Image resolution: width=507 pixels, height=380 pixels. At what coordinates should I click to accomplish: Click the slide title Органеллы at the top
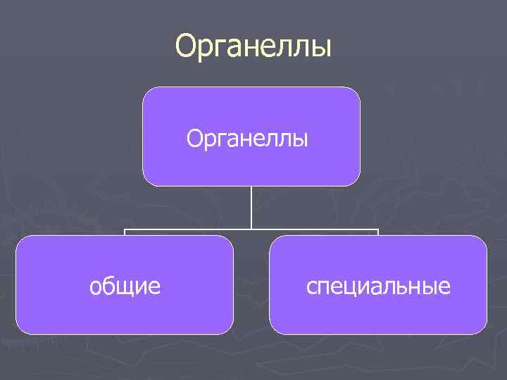pos(254,46)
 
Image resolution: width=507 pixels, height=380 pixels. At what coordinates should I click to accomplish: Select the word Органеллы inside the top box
pos(248,139)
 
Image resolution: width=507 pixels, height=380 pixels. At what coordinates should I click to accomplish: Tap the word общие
pos(125,286)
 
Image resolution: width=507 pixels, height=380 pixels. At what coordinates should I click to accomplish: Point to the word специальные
pos(378,286)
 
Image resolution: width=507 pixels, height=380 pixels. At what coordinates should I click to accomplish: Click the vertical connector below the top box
pos(251,208)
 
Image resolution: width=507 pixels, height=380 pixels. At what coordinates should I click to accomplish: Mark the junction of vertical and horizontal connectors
pos(251,229)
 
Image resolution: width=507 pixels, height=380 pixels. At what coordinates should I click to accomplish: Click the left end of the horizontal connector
pos(125,230)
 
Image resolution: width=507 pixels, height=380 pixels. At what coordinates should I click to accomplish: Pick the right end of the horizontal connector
pos(378,230)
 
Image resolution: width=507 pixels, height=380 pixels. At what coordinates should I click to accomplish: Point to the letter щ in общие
pos(125,287)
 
